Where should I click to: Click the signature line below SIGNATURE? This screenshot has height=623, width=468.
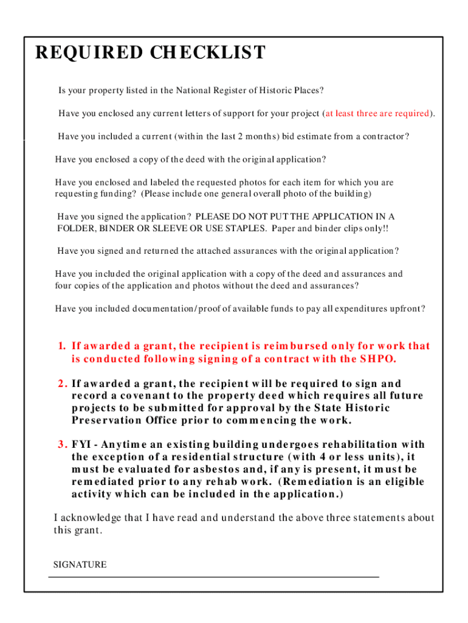pyautogui.click(x=213, y=576)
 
